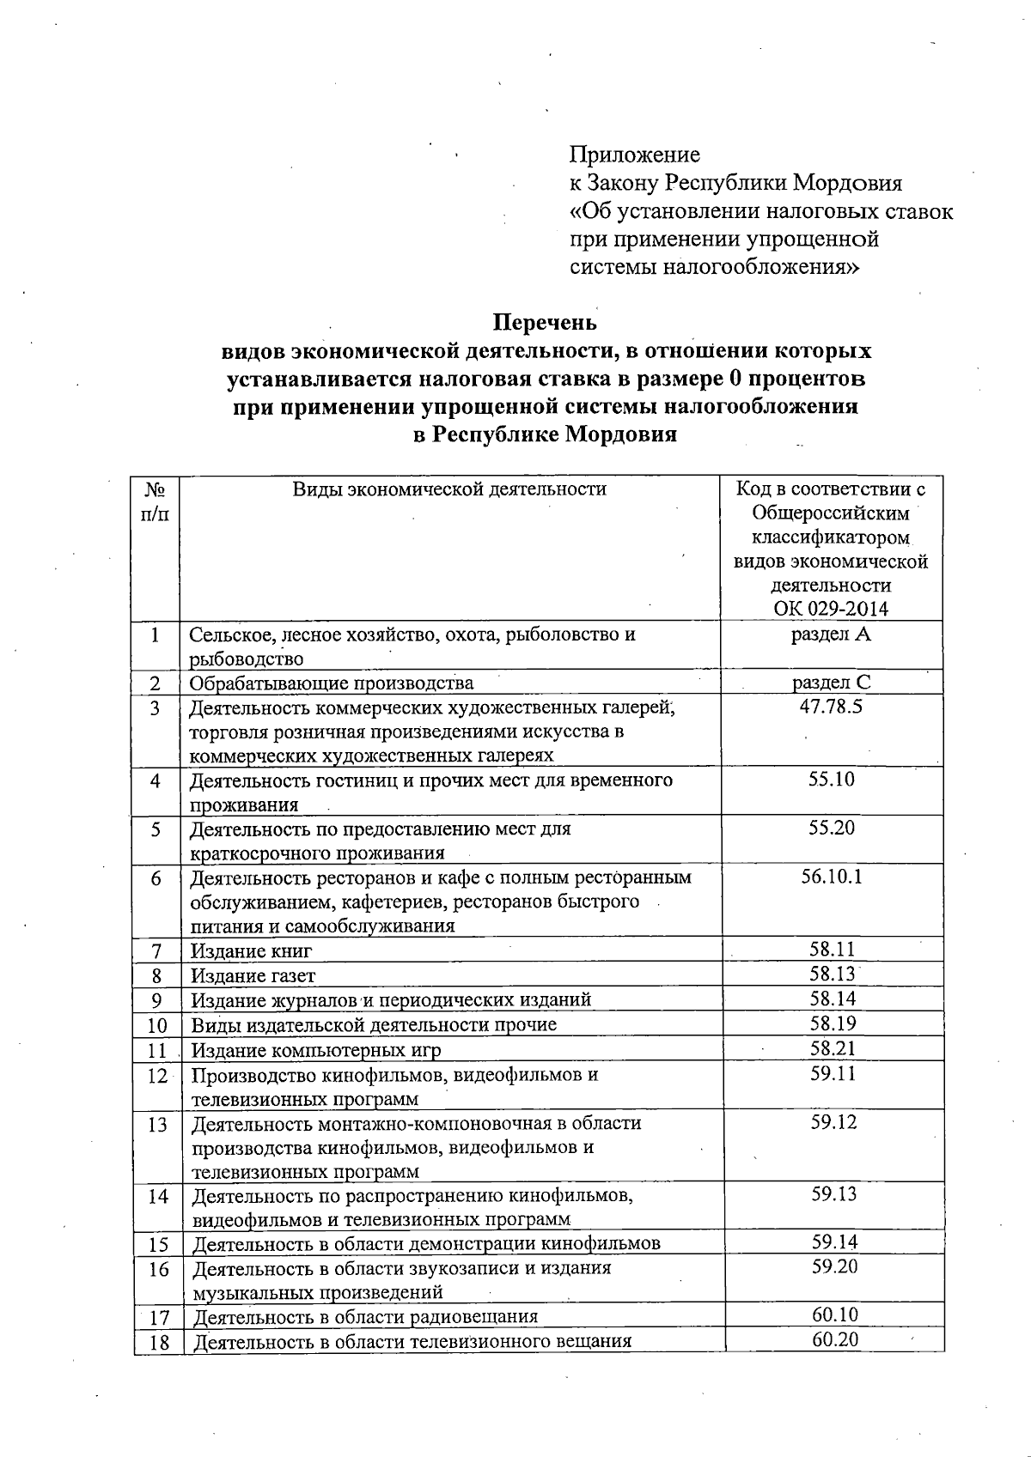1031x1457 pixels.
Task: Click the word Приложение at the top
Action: [634, 155]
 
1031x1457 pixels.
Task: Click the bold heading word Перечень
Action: [544, 323]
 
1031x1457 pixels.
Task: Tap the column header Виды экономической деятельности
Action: [449, 489]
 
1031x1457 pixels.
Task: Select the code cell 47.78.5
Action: [831, 707]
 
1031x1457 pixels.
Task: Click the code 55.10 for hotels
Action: [831, 780]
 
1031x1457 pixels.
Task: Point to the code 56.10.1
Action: [831, 877]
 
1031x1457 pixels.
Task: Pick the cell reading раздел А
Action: [831, 634]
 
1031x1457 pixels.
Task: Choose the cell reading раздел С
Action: [831, 683]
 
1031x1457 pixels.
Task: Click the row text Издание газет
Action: [253, 976]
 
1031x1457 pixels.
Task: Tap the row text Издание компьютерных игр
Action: [315, 1050]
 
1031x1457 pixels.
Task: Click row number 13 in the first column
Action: [157, 1124]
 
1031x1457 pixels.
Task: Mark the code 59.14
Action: [834, 1242]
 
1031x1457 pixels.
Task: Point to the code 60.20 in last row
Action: [835, 1339]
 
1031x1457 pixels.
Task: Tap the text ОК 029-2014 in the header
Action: [831, 610]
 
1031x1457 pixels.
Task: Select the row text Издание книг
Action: [251, 951]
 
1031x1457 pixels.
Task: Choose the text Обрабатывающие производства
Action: [331, 683]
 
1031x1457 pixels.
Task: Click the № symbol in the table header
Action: [155, 489]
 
